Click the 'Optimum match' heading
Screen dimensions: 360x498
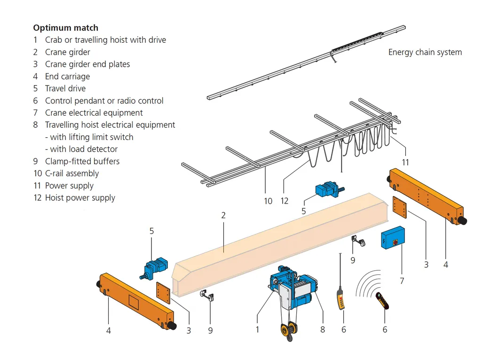point(65,28)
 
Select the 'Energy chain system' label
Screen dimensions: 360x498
point(425,52)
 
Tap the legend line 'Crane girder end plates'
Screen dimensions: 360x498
point(87,64)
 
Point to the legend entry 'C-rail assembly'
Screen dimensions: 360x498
point(71,173)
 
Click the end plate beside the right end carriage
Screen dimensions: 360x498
point(400,207)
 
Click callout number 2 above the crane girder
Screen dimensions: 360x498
point(223,215)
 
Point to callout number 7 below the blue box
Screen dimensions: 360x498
point(402,281)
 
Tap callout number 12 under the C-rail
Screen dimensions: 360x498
point(285,201)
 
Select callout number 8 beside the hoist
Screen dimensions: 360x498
point(323,329)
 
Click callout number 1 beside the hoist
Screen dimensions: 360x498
point(257,329)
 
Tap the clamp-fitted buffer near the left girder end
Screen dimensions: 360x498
point(206,296)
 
